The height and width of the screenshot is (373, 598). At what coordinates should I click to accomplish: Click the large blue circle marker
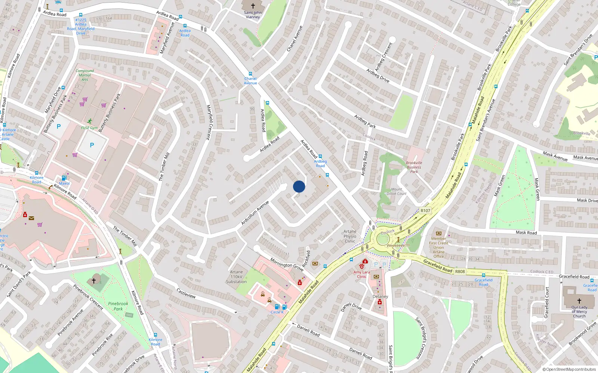click(299, 186)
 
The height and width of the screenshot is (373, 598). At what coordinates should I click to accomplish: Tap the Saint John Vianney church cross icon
click(253, 6)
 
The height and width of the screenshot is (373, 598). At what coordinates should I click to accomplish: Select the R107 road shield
click(425, 210)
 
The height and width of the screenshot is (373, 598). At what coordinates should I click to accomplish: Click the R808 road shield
click(460, 271)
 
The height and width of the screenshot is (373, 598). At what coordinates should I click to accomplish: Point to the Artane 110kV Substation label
click(236, 277)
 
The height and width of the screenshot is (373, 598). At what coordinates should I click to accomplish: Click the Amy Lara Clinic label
click(361, 274)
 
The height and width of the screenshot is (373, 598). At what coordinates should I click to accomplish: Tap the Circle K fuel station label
click(277, 312)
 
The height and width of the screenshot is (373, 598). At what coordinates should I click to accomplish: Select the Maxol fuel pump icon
click(64, 178)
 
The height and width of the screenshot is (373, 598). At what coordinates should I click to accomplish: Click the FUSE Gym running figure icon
click(90, 121)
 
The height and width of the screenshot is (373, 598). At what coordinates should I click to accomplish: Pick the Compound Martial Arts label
click(85, 75)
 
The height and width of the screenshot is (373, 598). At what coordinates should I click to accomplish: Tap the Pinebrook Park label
click(118, 306)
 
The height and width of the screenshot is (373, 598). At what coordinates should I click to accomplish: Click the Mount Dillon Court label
click(397, 191)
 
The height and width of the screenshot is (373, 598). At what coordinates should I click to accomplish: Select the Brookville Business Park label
click(414, 167)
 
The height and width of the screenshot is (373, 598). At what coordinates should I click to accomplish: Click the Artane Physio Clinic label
click(350, 236)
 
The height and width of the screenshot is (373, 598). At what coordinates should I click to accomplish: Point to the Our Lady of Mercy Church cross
click(579, 301)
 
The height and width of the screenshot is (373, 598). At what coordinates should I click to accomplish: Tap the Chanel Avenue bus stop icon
click(250, 74)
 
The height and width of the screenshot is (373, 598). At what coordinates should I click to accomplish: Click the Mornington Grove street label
click(287, 265)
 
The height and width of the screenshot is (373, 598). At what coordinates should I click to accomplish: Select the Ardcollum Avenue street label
click(255, 213)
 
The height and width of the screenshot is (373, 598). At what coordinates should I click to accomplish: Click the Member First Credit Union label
click(439, 247)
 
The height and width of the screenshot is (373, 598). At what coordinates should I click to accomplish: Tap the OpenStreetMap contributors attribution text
click(569, 369)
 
